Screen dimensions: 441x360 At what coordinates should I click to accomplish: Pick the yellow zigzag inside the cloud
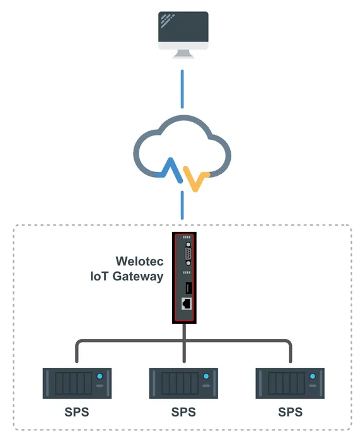(x=197, y=180)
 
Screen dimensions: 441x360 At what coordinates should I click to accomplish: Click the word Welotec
(x=139, y=261)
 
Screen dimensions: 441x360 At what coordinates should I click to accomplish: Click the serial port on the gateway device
(x=187, y=256)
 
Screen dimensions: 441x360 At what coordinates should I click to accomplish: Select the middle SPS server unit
(x=183, y=383)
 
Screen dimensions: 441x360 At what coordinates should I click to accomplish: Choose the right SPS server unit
(x=290, y=383)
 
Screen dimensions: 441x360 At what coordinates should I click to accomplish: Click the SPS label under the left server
(x=76, y=413)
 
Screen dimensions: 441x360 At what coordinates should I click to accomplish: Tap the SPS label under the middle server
(x=183, y=413)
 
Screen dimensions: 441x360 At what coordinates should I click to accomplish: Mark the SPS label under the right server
(x=290, y=413)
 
